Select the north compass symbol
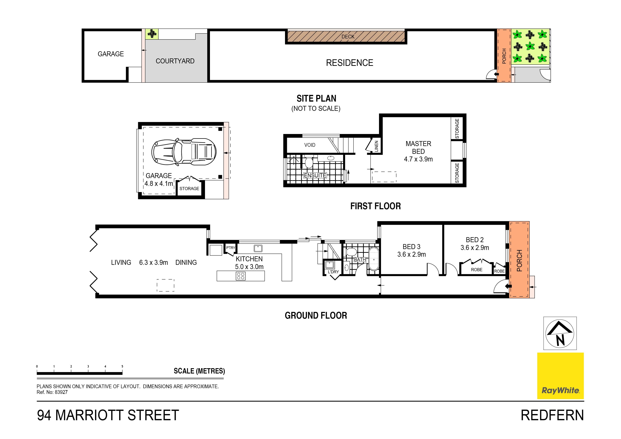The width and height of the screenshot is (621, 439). (x=560, y=333)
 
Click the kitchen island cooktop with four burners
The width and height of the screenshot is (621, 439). (x=240, y=276)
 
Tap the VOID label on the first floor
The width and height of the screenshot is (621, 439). (x=310, y=145)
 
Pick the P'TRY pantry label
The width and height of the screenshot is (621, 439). (x=230, y=247)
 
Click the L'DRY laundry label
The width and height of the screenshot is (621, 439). (x=333, y=272)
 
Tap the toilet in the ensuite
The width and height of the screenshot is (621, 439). (x=309, y=163)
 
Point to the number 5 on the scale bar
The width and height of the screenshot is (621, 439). (x=122, y=366)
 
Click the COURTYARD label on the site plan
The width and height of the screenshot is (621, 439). (x=175, y=61)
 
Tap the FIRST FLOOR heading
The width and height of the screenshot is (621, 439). (x=375, y=206)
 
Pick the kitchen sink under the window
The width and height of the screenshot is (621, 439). (x=258, y=248)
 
